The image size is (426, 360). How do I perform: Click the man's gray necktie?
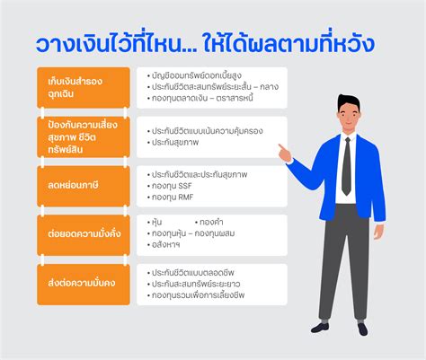tap(345, 165)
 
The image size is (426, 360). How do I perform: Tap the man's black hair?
tap(346, 101)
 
